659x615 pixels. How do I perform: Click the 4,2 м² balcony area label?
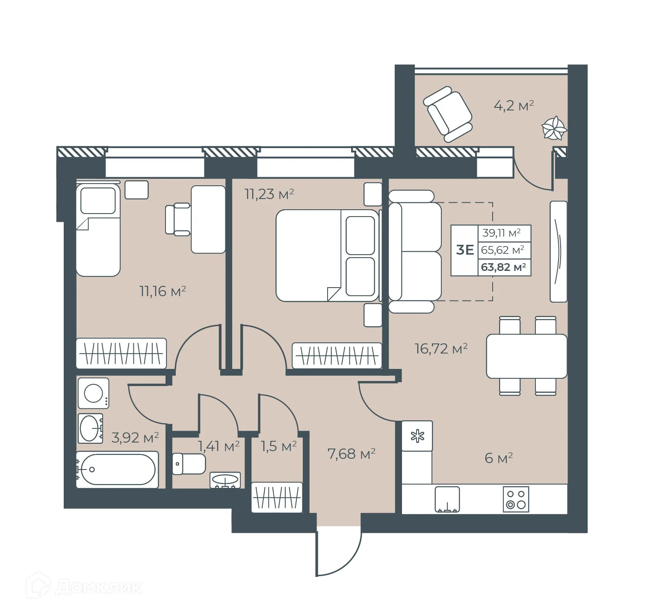coord(514,105)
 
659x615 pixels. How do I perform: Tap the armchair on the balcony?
coord(448,114)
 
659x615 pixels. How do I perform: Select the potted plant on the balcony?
coord(554,128)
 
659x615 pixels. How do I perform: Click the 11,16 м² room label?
coord(163,291)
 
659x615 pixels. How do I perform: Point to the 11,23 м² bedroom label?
coord(269,194)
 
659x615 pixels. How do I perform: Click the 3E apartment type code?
coord(465,250)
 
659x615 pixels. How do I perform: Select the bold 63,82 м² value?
coord(503,267)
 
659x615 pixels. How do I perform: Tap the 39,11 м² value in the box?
coord(501,233)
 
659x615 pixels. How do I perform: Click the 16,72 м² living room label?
coord(440,349)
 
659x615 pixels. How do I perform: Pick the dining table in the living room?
coord(526,356)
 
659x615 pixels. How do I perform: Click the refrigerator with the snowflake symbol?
coord(417,436)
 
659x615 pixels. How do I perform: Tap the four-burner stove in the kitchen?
coord(516,499)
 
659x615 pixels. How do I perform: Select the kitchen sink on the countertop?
coord(447,499)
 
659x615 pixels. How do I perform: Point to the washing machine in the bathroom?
coord(93,393)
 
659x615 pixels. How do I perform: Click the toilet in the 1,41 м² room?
coord(189,463)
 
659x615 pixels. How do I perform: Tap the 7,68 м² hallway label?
coord(351,454)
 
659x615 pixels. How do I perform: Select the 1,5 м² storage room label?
coord(278,446)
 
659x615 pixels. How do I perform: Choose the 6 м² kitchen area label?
coord(498,458)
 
